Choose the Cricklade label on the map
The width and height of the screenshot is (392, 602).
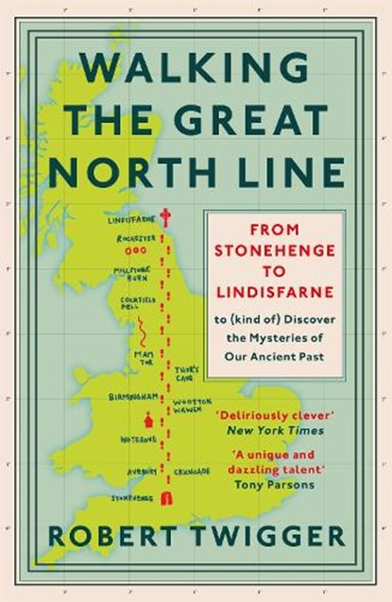point(194,471)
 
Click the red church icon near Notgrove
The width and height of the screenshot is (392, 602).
point(147,420)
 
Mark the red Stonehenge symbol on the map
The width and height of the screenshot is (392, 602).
point(166,498)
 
